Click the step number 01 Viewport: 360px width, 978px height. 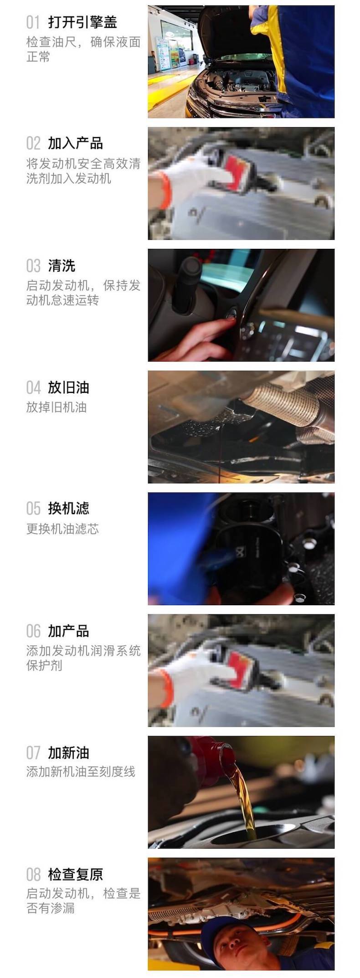pos(33,22)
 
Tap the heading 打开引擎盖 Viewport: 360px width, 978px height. pos(82,22)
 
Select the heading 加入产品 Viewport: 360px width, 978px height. pos(75,143)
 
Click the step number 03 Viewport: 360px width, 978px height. pos(33,265)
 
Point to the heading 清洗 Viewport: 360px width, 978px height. pos(62,265)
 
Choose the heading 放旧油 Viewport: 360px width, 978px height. pos(68,387)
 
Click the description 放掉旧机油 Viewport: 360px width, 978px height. pos(56,407)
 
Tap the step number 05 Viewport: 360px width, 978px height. pos(33,508)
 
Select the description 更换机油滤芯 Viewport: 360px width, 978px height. pos(62,529)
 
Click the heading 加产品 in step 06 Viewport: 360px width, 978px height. pos(68,631)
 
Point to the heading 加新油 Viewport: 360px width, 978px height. pos(68,752)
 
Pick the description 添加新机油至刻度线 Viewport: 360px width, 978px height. pos(81,772)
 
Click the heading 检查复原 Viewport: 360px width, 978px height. pos(75,874)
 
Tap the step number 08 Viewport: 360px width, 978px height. pos(33,874)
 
